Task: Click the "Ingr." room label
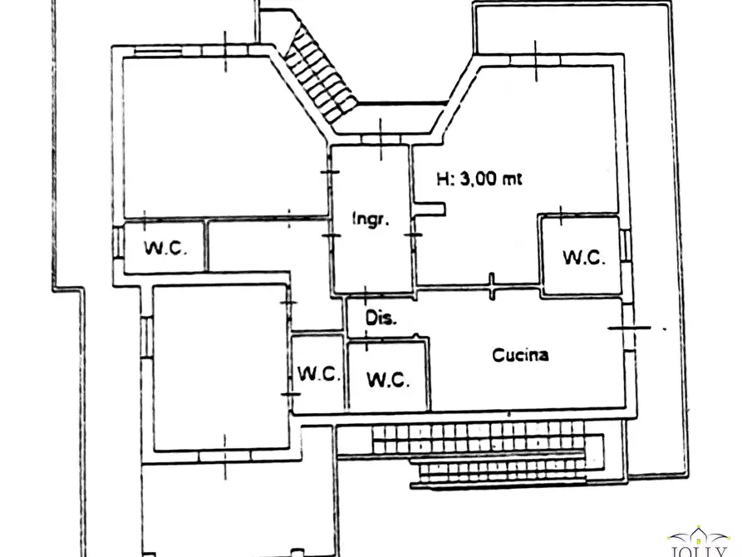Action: pos(371,219)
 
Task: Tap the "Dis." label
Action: pos(381,318)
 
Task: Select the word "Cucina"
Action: pos(520,355)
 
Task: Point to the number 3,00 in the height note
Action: pos(479,179)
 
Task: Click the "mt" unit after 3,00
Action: pos(512,180)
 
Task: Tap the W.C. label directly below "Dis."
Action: pos(388,379)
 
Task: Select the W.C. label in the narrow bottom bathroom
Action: pos(319,374)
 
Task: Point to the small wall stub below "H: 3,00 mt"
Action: pos(430,209)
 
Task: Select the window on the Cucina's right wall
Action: pos(628,327)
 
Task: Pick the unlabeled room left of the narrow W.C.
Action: pos(220,368)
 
